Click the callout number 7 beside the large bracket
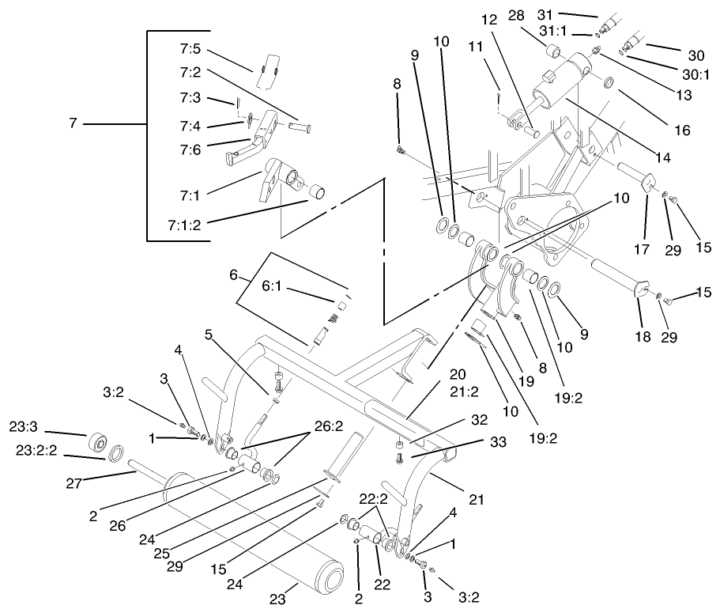74,124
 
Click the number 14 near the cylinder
662,158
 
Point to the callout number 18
642,337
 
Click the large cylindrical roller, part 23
253,538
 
